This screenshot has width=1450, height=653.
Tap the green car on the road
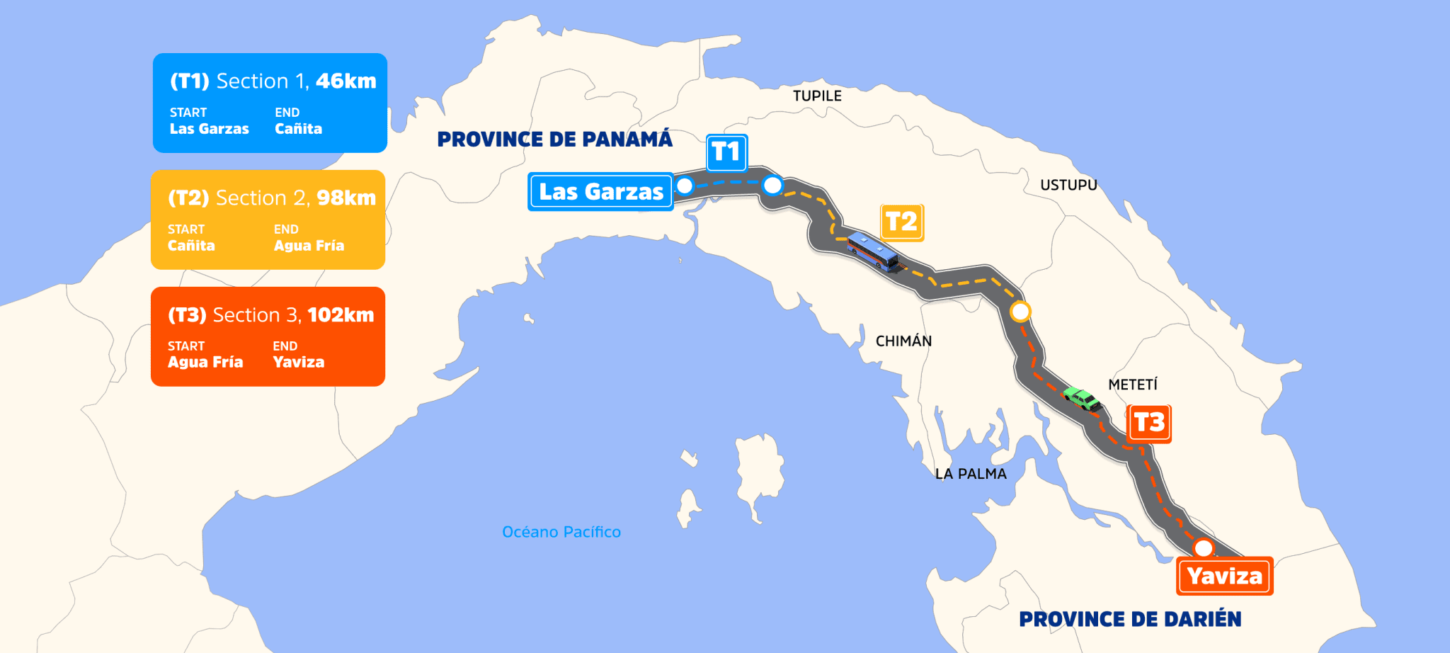(x=1082, y=399)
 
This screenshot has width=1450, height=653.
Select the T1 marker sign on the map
(x=726, y=152)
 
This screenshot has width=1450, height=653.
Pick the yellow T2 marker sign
(x=902, y=222)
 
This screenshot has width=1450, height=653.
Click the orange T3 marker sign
(x=1148, y=423)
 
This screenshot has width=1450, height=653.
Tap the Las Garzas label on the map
(x=600, y=192)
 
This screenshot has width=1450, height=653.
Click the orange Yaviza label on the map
(x=1225, y=577)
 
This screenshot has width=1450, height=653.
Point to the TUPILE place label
(x=817, y=96)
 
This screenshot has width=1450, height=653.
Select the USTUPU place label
(x=1068, y=186)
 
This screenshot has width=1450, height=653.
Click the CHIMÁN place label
(x=903, y=341)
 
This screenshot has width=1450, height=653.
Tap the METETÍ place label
(x=1133, y=385)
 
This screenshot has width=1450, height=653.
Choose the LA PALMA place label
(x=971, y=474)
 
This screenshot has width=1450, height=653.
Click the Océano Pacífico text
(x=561, y=532)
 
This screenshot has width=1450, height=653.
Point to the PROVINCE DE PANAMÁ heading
(x=554, y=140)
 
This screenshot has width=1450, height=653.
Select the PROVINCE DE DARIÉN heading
(x=1130, y=620)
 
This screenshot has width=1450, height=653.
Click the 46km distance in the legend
(x=346, y=81)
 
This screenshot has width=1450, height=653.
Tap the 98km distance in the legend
(x=346, y=198)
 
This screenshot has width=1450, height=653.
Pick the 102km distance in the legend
(x=341, y=315)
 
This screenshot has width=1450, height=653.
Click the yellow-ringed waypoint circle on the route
(x=1020, y=312)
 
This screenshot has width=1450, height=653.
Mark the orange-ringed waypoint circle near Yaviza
(x=1203, y=548)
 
